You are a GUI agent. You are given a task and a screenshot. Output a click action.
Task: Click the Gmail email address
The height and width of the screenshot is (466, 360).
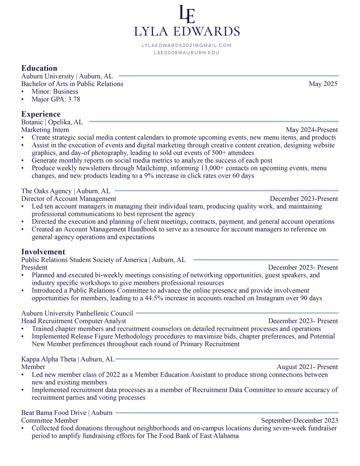(x=187, y=45)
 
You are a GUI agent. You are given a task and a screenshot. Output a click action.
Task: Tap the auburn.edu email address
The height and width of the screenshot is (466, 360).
(x=187, y=53)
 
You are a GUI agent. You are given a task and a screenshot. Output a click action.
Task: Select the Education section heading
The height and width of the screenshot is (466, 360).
(x=39, y=68)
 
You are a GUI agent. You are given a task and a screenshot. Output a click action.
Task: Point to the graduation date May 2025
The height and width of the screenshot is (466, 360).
(x=323, y=84)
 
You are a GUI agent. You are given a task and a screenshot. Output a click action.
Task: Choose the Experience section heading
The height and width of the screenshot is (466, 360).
(x=41, y=114)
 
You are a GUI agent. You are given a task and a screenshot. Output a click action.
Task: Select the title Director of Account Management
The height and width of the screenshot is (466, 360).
(x=68, y=199)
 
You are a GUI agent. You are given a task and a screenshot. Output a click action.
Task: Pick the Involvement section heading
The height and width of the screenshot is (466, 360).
(x=43, y=251)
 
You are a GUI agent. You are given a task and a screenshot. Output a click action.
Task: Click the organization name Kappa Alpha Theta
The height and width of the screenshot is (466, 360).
(x=49, y=359)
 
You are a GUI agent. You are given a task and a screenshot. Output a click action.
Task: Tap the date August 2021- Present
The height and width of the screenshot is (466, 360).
(x=307, y=367)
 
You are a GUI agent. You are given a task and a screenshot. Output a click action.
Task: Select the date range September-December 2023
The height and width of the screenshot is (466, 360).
(x=299, y=420)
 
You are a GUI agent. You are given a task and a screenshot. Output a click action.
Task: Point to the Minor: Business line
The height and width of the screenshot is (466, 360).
(x=55, y=92)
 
